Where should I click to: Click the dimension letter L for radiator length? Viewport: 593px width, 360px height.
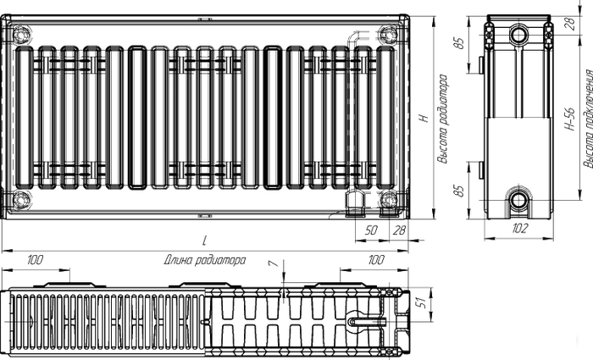[204, 241]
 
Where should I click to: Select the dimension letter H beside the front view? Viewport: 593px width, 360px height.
[421, 119]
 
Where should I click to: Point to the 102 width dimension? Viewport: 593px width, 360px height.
[520, 229]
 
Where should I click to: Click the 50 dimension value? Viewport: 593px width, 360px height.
[371, 229]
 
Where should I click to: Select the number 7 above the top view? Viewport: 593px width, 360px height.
[272, 266]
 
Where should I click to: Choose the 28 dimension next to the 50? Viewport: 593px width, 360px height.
[400, 229]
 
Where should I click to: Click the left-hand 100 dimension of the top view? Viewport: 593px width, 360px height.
[36, 259]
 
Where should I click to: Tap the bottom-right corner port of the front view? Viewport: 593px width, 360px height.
[388, 200]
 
